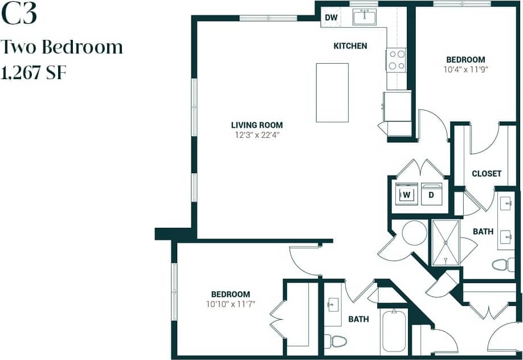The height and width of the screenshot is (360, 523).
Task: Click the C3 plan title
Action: pos(19,15)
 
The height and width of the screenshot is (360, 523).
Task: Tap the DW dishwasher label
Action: pos(331,18)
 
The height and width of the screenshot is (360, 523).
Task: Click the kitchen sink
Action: pos(364,18)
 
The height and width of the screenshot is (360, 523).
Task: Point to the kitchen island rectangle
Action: pos(332,92)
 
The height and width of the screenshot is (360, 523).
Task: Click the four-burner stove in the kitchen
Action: pos(397,60)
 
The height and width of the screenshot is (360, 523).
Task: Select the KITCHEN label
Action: pos(350,46)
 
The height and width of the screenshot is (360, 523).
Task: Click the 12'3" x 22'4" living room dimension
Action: pos(256,135)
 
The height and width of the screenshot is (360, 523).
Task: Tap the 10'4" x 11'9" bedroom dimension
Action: pos(465,69)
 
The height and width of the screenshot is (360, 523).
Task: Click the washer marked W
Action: pos(407,195)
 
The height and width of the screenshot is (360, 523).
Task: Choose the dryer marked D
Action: pos(431,195)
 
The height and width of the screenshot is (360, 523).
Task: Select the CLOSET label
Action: pos(487,174)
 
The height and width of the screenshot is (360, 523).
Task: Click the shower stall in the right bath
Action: pos(445,243)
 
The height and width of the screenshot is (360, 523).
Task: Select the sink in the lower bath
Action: pos(333,305)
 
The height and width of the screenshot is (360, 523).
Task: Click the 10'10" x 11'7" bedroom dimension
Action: pos(230,304)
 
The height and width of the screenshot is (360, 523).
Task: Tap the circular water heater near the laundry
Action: pos(414,233)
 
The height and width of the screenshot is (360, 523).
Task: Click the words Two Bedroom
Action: pos(63,47)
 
